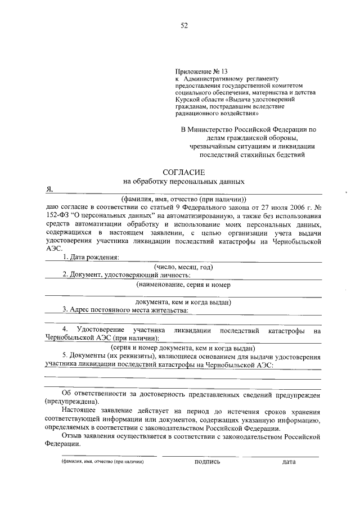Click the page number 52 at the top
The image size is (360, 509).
click(x=184, y=25)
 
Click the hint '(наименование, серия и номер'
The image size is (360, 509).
click(x=184, y=285)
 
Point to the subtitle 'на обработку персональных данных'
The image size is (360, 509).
click(x=184, y=182)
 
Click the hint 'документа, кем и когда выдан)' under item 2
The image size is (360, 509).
click(x=184, y=302)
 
